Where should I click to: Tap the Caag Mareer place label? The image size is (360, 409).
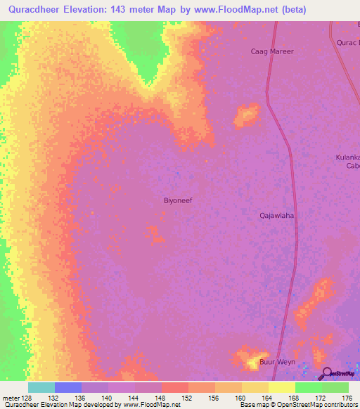coord(272,51)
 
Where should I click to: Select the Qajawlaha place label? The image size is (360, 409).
coord(277,216)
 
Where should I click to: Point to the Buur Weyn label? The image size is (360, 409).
coord(278,363)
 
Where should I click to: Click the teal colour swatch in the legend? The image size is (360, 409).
coord(41,387)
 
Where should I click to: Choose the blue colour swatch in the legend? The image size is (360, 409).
coord(68,387)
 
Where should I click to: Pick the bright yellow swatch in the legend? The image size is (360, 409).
coord(281,387)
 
